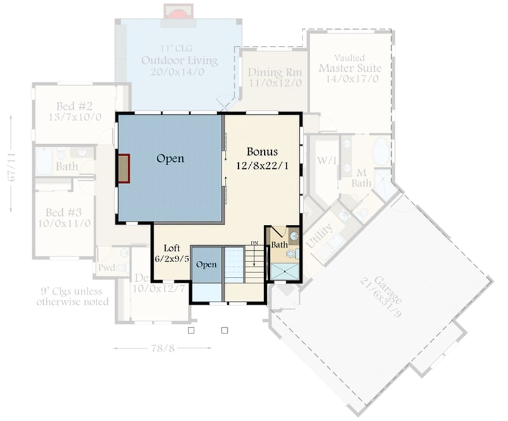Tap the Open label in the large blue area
170,159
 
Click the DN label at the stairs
254,243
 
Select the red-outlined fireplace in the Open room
123,169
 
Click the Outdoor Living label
179,61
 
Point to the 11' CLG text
179,48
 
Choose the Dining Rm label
274,72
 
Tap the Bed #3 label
63,212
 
